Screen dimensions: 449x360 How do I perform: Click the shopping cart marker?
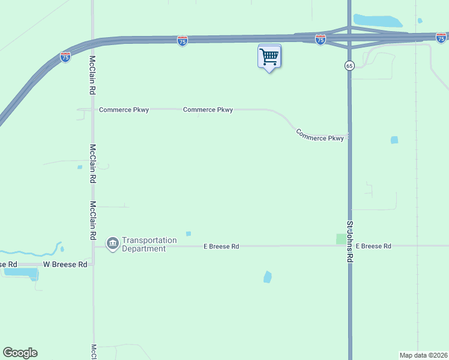click(x=270, y=57)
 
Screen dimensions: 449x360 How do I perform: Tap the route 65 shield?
click(x=349, y=65)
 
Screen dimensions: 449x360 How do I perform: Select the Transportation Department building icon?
click(x=112, y=244)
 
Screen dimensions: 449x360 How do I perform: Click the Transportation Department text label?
click(x=149, y=244)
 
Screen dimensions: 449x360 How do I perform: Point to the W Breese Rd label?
click(x=65, y=264)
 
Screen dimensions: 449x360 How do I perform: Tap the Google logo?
click(x=20, y=353)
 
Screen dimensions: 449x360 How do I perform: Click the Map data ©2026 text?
click(x=423, y=355)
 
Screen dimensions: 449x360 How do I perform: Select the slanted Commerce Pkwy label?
click(x=320, y=135)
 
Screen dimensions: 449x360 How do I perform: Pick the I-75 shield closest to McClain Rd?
click(x=65, y=57)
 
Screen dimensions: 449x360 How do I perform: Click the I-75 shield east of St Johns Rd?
click(x=441, y=37)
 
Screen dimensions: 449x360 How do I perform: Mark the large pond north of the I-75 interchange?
click(x=378, y=21)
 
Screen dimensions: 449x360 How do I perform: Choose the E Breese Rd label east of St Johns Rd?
click(x=373, y=246)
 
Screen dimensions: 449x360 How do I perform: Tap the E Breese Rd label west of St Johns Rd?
click(x=221, y=246)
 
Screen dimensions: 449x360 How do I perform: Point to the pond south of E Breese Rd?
click(x=267, y=277)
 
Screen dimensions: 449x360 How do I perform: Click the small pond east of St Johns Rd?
click(x=394, y=140)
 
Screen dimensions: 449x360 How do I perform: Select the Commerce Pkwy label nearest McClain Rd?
click(x=124, y=110)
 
